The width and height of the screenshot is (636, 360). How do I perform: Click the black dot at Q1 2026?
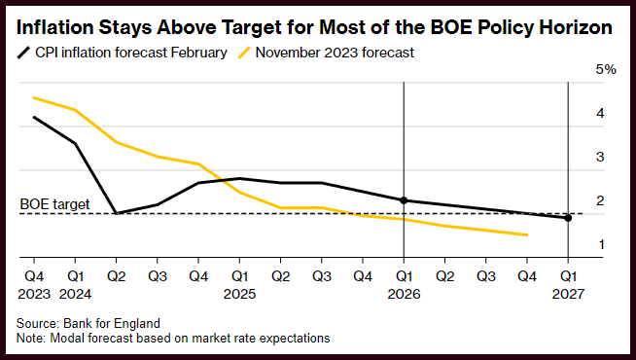(x=404, y=200)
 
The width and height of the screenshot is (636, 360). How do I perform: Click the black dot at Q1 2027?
(x=568, y=218)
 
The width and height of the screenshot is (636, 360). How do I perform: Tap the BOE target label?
(x=54, y=204)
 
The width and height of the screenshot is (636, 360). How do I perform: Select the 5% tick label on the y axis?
(x=606, y=69)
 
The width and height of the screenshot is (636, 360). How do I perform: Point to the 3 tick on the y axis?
(x=600, y=157)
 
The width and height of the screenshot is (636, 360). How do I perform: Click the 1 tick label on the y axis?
(x=601, y=244)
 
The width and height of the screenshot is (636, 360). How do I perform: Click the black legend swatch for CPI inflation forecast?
(x=23, y=53)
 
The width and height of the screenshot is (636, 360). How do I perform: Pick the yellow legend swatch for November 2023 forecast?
(x=244, y=53)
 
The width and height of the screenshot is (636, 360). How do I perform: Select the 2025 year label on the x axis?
(x=240, y=294)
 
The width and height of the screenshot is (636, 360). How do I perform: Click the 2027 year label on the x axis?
(x=568, y=294)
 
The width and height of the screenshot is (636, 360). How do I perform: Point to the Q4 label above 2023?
(x=34, y=276)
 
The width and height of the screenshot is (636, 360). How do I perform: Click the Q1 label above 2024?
(x=75, y=276)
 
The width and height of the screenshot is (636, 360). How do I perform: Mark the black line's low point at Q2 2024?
(x=117, y=213)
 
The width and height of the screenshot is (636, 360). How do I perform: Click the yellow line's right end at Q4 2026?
(x=527, y=234)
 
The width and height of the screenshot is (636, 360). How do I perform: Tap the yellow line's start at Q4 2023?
(x=34, y=98)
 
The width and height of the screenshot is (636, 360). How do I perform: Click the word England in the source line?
(x=137, y=323)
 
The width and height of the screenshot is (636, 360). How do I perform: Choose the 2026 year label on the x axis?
(x=404, y=294)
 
